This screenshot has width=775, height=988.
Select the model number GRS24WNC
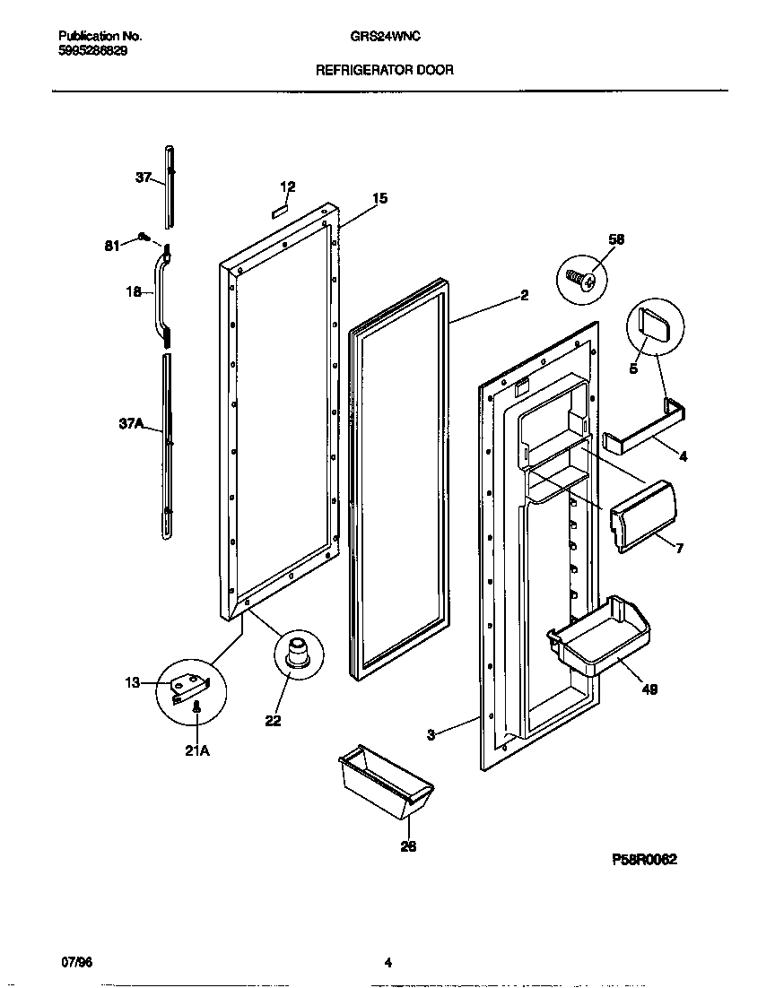[387, 37]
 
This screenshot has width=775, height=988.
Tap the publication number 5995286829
[92, 52]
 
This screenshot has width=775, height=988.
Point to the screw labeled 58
[582, 280]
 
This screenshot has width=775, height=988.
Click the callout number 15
[379, 198]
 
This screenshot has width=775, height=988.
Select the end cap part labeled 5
[654, 320]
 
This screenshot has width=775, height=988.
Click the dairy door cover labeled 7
[643, 516]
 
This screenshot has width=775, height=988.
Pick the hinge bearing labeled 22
[297, 648]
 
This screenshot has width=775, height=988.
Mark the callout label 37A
[131, 427]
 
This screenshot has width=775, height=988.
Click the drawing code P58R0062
[644, 859]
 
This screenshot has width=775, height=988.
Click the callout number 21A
[196, 751]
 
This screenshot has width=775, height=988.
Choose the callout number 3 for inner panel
[431, 734]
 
